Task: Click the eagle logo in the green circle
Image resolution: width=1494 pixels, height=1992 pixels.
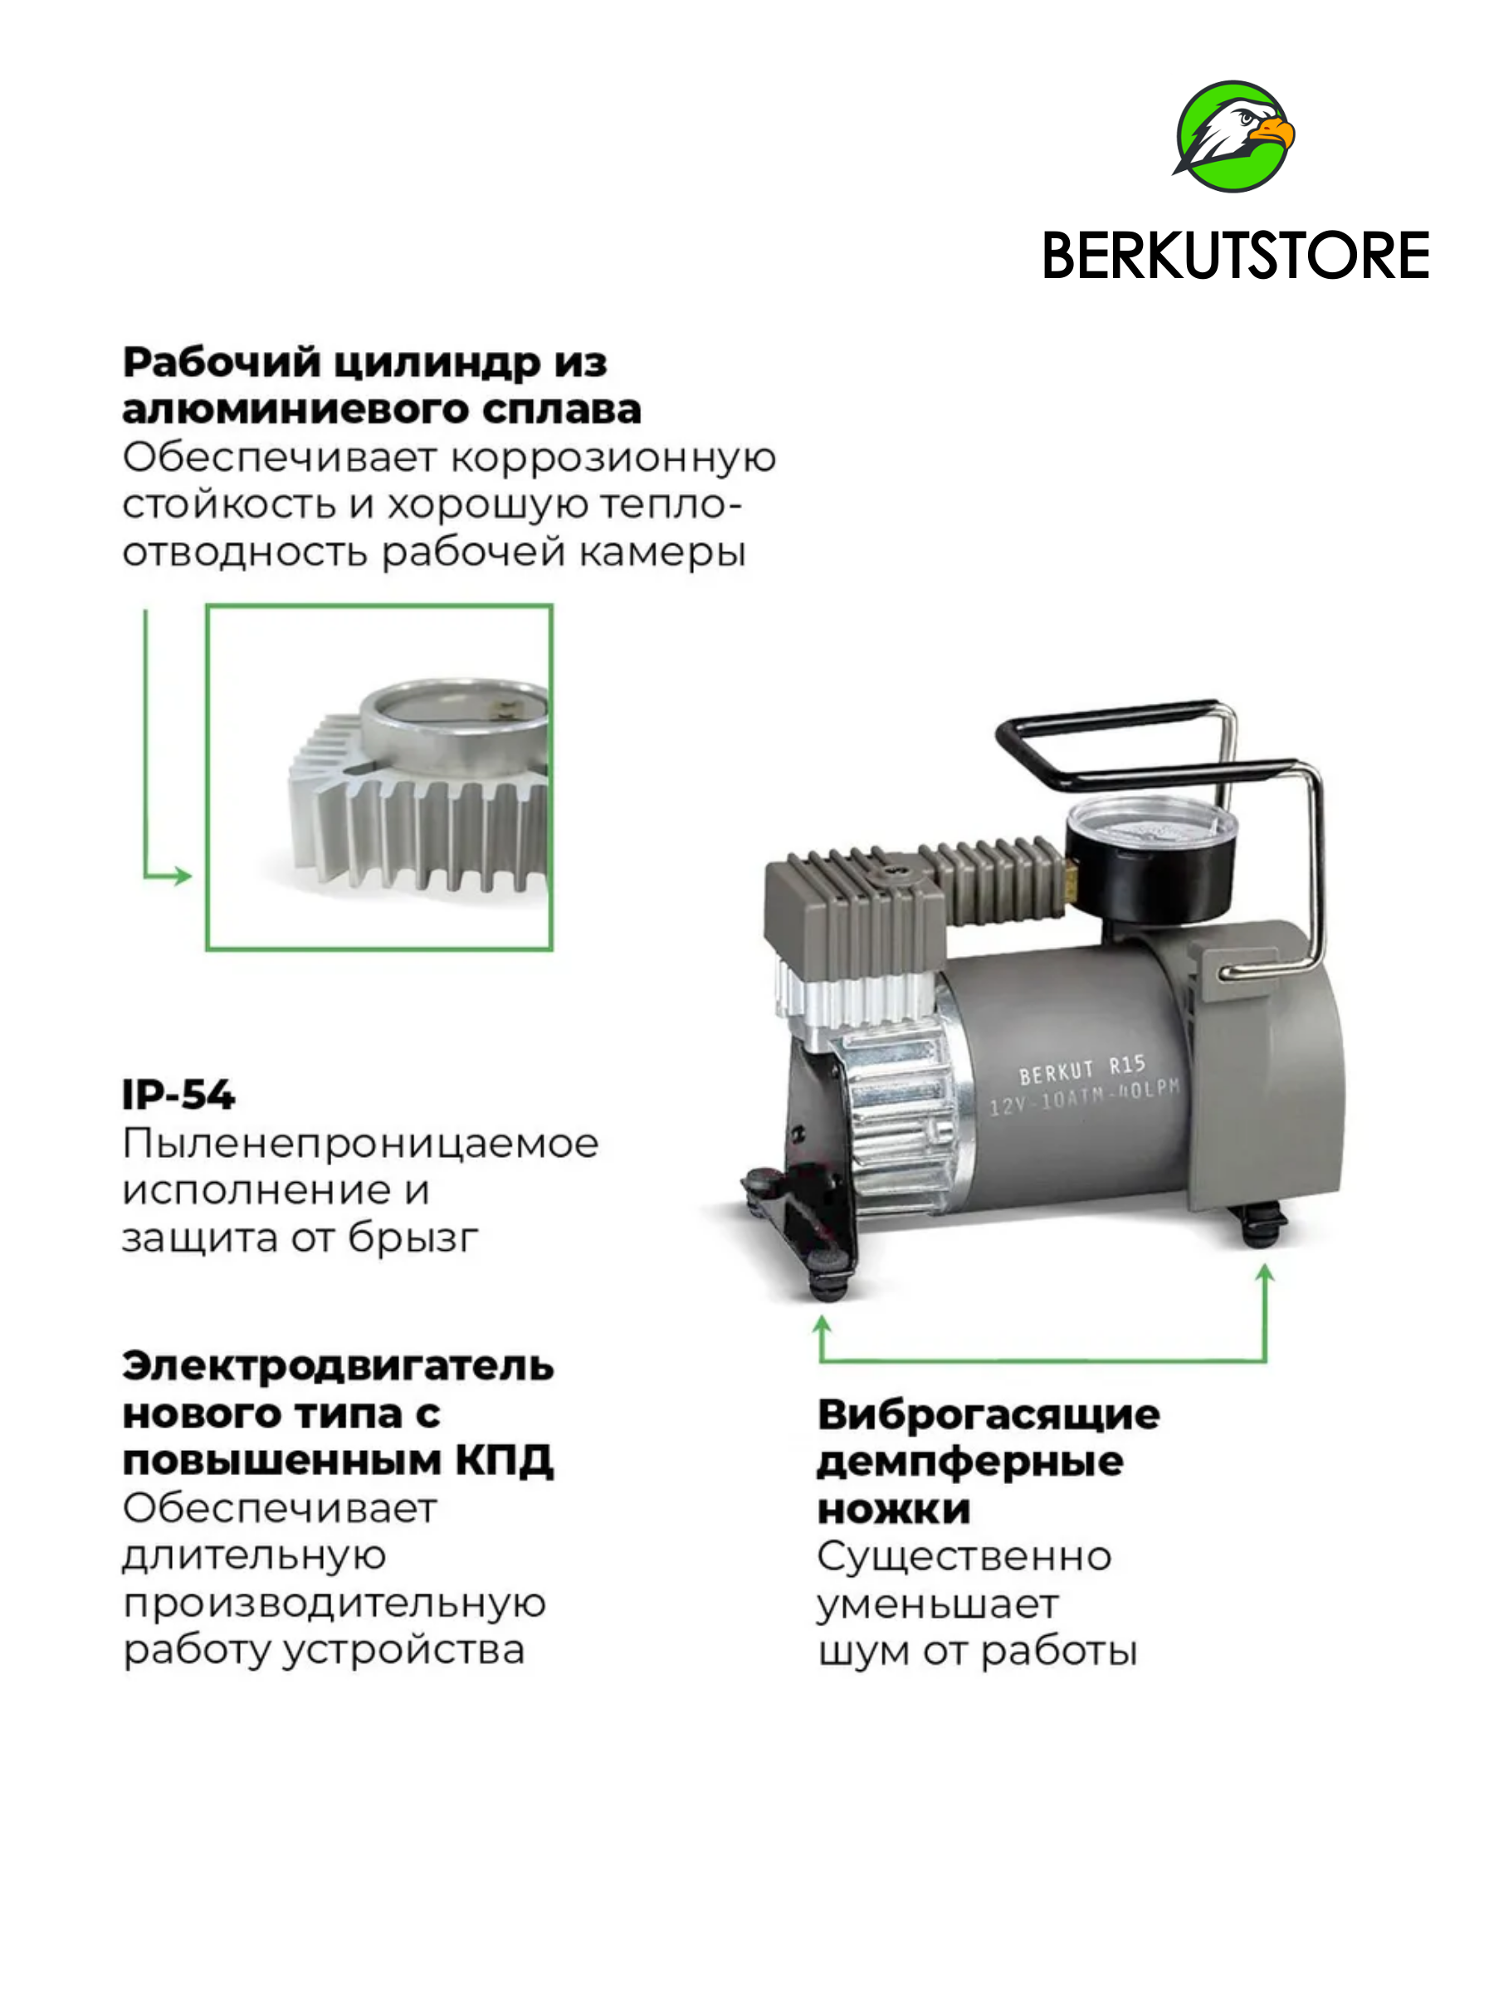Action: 1233,136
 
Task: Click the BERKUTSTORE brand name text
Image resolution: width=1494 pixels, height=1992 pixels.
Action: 1235,256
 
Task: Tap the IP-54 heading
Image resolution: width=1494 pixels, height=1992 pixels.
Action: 178,1095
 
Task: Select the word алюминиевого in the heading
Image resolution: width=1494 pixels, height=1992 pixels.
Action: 294,410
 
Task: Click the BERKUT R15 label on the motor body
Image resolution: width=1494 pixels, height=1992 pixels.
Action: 1081,1070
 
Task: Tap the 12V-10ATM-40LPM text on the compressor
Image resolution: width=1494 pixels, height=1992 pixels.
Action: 1084,1097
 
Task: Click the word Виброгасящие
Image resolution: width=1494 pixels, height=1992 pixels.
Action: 988,1416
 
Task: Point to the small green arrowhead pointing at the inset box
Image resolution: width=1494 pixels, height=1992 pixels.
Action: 180,876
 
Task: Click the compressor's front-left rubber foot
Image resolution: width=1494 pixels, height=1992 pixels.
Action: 828,1272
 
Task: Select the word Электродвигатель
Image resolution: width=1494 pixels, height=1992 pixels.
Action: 338,1366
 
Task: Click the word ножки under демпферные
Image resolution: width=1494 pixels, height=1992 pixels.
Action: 893,1511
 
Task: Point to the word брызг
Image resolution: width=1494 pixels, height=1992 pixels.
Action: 413,1239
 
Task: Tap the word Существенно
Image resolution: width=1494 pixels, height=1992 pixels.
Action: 964,1557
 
